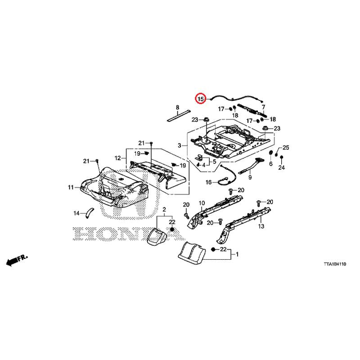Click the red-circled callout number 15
tap(201, 99)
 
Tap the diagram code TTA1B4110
tap(335, 264)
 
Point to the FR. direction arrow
tap(17, 260)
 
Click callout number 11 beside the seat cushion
tap(71, 187)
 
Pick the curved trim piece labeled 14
tap(89, 212)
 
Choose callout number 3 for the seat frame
tap(179, 145)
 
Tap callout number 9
tap(250, 177)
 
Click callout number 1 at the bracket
tap(237, 254)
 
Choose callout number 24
tap(282, 167)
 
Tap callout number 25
tap(286, 148)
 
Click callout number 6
tap(271, 163)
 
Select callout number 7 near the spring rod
tap(263, 107)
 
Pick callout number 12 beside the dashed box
tap(117, 158)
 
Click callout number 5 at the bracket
tap(215, 162)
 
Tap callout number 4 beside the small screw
tap(204, 165)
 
